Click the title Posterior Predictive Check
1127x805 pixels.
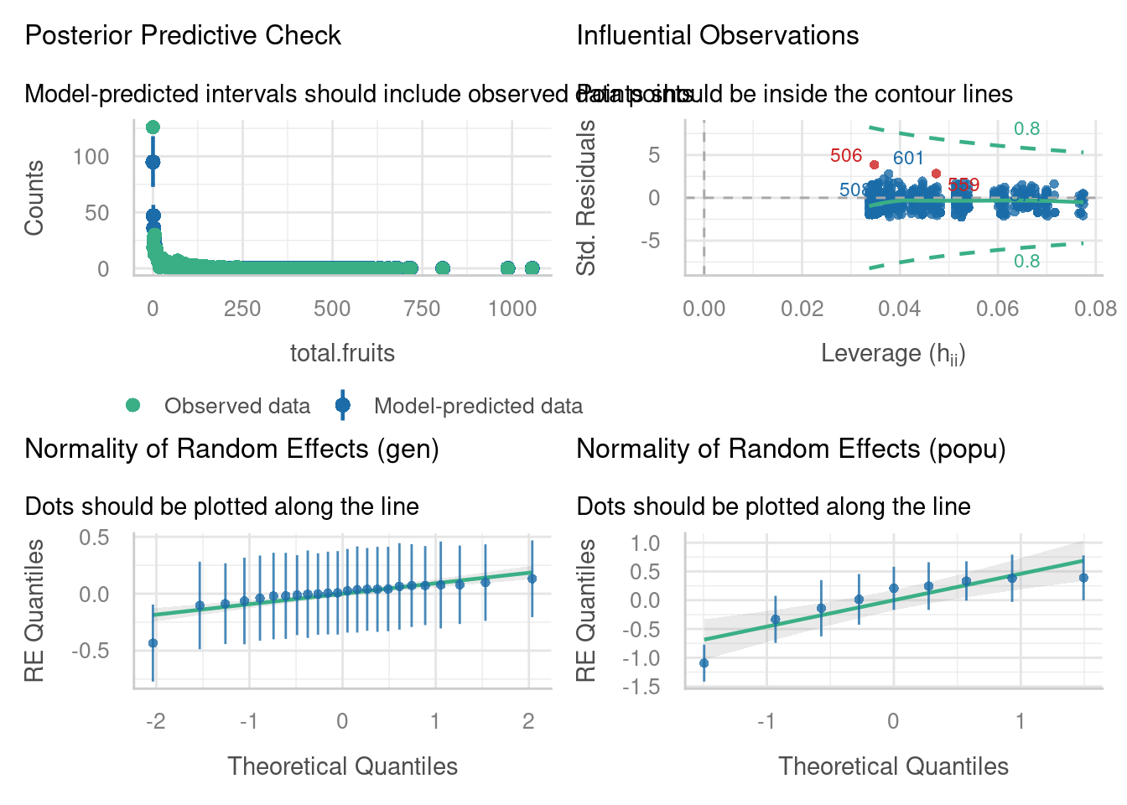pyautogui.click(x=183, y=35)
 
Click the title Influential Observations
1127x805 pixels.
pyautogui.click(x=717, y=35)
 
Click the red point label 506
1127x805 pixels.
pyautogui.click(x=845, y=156)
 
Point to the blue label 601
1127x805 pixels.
pyautogui.click(x=907, y=158)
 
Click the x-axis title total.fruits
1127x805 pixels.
pyautogui.click(x=342, y=353)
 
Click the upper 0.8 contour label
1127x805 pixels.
pyautogui.click(x=1026, y=128)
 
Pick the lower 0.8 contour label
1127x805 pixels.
pyautogui.click(x=1026, y=262)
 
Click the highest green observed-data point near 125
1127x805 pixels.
pyautogui.click(x=153, y=127)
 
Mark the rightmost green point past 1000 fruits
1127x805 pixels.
pyautogui.click(x=532, y=268)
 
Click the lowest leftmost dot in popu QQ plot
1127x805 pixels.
pyautogui.click(x=704, y=663)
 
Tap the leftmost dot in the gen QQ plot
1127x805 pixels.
pyautogui.click(x=153, y=643)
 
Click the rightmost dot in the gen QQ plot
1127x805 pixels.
pyautogui.click(x=532, y=579)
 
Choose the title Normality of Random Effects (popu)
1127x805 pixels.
pyautogui.click(x=791, y=449)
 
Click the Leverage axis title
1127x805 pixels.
pyautogui.click(x=893, y=354)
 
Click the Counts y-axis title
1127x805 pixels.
pyautogui.click(x=34, y=198)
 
